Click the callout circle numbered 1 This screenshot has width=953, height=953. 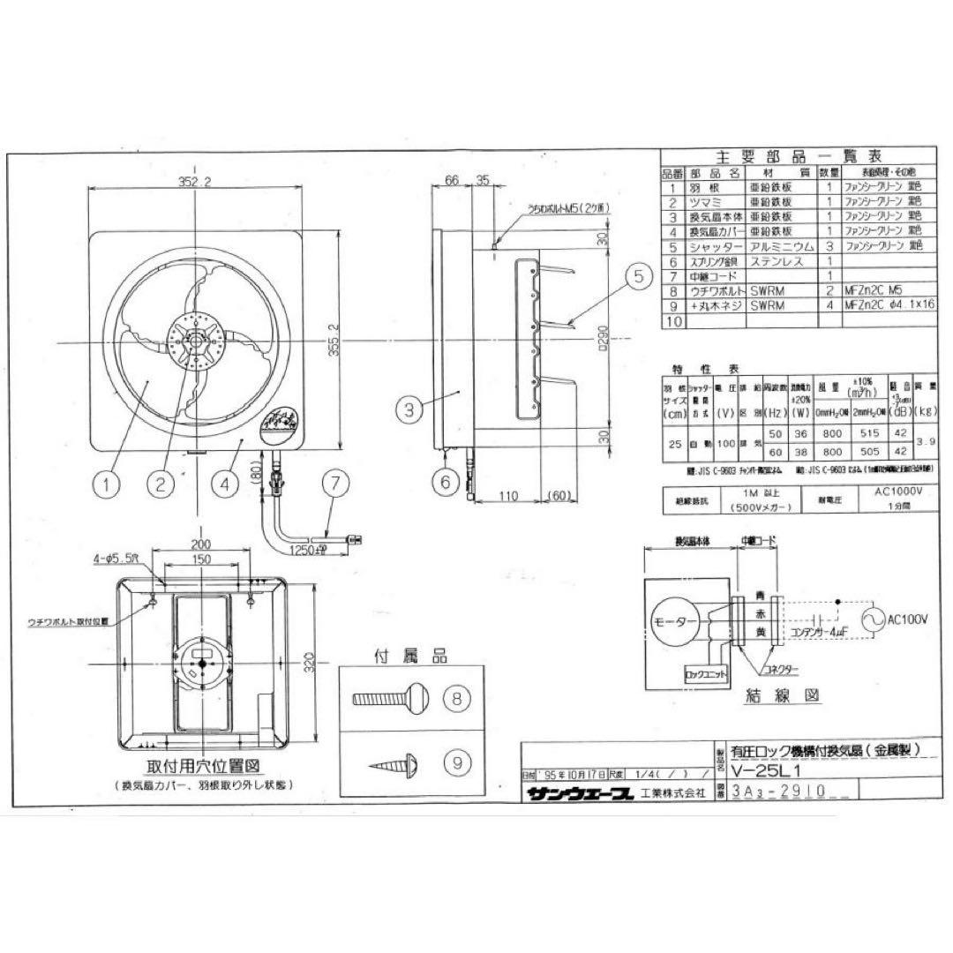pos(107,483)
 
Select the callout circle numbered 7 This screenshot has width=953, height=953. pos(335,483)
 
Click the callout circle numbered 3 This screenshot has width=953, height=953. pos(409,409)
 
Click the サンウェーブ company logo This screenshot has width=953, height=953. pos(580,793)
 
